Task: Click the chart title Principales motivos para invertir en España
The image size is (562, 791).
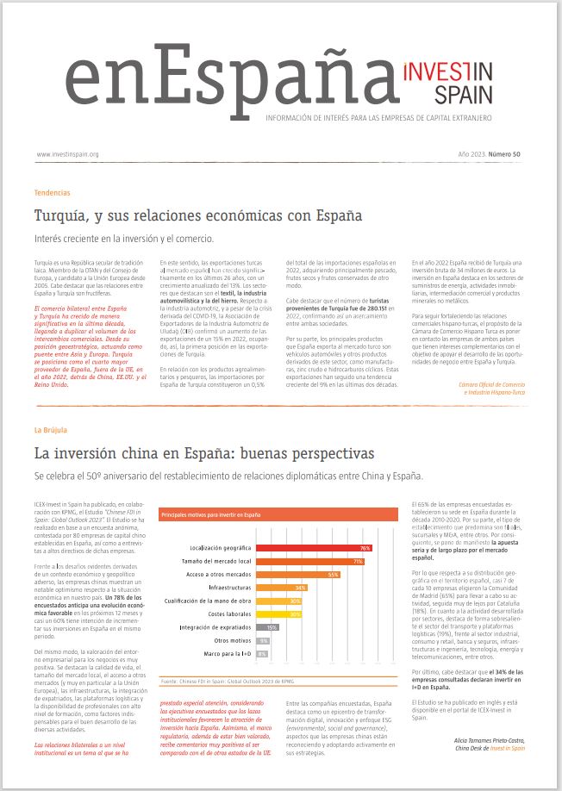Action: click(211, 514)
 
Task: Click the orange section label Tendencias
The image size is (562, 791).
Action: click(52, 193)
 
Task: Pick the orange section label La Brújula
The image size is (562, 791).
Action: click(50, 429)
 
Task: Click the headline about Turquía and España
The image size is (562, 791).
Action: click(197, 214)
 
